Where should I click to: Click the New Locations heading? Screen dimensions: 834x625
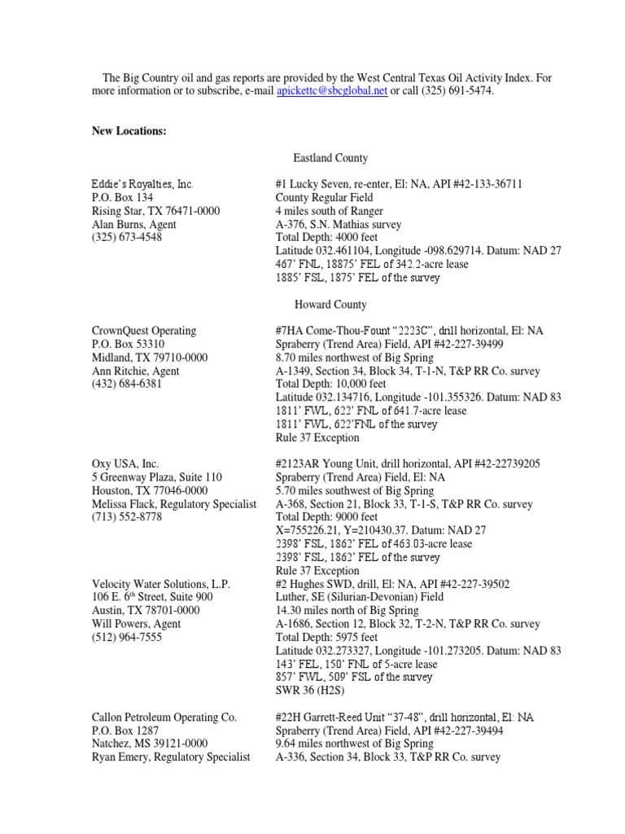pos(129,131)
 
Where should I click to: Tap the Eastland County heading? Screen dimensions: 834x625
pos(330,158)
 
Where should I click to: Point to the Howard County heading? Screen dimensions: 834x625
pos(330,305)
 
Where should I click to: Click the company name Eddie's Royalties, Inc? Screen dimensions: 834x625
pos(142,184)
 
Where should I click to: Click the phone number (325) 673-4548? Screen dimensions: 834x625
pos(126,238)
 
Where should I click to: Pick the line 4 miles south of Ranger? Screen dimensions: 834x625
pos(330,211)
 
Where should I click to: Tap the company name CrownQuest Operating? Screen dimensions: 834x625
pos(143,331)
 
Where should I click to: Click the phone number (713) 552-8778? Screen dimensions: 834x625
pos(126,517)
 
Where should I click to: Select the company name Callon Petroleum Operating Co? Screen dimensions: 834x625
pos(164,717)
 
